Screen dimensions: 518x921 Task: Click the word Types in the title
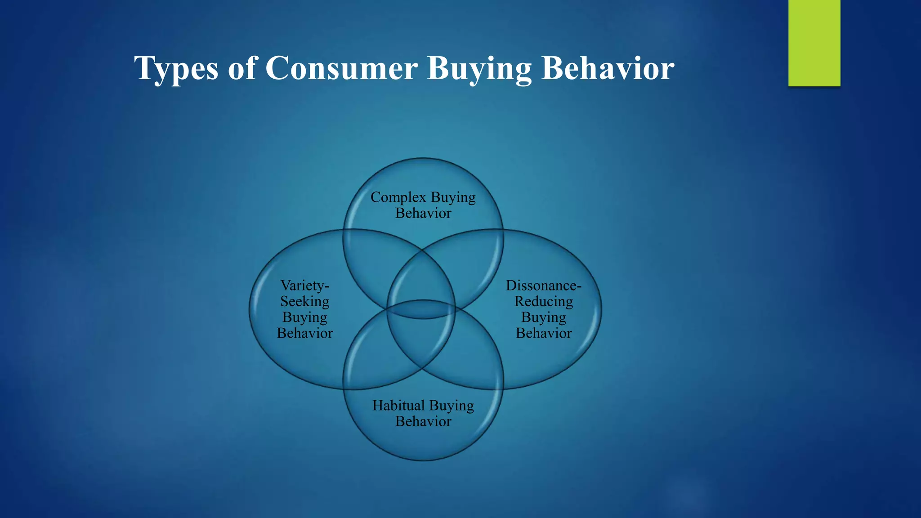tap(176, 68)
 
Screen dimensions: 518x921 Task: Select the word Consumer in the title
tap(341, 68)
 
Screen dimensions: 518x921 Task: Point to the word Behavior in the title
tap(608, 68)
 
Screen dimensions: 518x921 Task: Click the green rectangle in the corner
tap(814, 43)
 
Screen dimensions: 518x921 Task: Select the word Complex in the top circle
tap(398, 197)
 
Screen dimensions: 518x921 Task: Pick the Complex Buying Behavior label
tap(423, 205)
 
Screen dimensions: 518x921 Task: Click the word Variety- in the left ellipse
tap(305, 286)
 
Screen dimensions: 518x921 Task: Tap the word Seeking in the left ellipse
tap(305, 301)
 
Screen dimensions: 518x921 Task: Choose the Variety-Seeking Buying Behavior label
tap(305, 309)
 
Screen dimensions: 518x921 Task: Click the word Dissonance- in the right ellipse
tap(544, 286)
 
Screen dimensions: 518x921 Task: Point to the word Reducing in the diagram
tap(544, 301)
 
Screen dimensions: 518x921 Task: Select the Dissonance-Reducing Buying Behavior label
tap(544, 309)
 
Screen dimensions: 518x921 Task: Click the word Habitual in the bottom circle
tap(398, 406)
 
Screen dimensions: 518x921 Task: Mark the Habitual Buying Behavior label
tap(423, 413)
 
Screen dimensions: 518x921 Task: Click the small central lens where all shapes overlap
tap(422, 309)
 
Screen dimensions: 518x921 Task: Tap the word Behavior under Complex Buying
tap(423, 213)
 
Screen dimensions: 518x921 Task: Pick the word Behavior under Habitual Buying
tap(423, 422)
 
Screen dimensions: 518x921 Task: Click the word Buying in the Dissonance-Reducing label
tap(544, 317)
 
